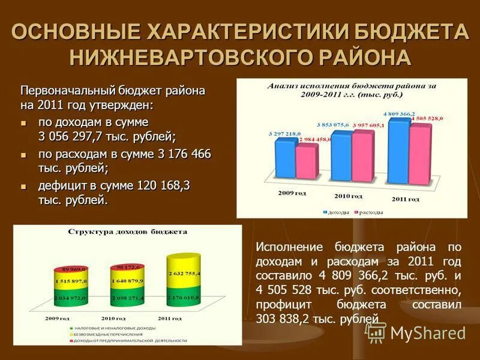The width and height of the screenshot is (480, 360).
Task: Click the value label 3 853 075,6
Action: pyautogui.click(x=334, y=125)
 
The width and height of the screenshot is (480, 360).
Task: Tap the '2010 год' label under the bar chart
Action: pyautogui.click(x=348, y=196)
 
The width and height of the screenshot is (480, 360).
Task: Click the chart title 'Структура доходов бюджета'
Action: pyautogui.click(x=127, y=231)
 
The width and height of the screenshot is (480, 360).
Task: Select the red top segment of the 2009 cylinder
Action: pyautogui.click(x=71, y=269)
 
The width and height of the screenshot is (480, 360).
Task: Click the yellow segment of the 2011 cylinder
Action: pyautogui.click(x=184, y=273)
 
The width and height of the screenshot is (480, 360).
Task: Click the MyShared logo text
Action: pyautogui.click(x=428, y=333)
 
